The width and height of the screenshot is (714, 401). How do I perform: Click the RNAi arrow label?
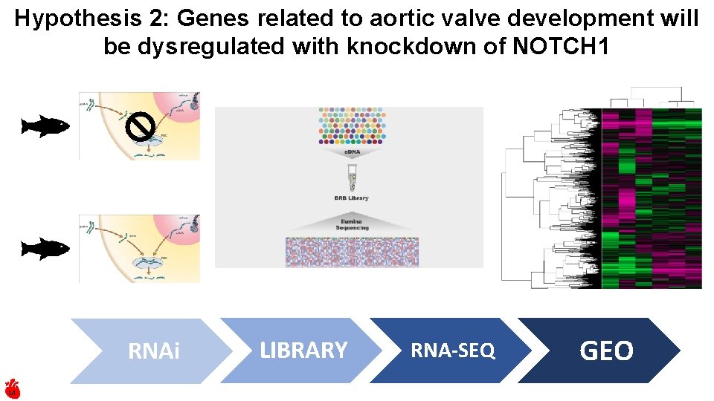(154, 351)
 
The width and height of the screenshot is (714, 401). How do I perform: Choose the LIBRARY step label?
(303, 351)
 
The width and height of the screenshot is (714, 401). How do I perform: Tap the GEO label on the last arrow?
(606, 351)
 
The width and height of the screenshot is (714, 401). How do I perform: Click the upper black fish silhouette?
(45, 127)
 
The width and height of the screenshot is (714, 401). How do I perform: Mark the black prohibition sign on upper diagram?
(139, 128)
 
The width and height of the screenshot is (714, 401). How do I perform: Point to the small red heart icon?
(13, 388)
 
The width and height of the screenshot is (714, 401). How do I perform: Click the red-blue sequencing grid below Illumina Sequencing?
(352, 252)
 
